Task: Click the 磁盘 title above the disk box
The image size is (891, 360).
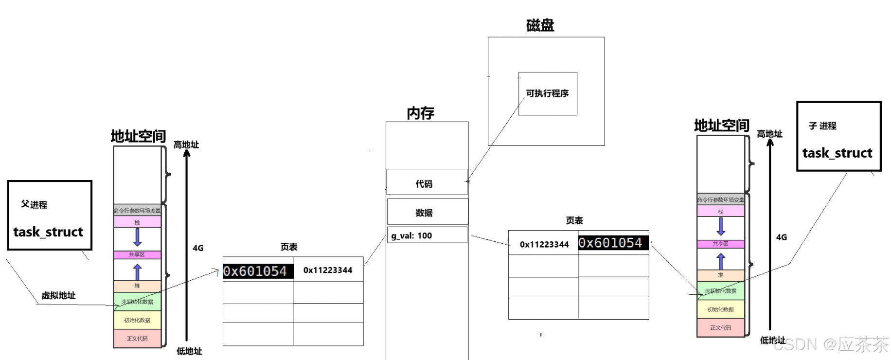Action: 540,25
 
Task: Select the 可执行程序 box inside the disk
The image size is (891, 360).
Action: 548,93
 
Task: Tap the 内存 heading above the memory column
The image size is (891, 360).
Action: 421,113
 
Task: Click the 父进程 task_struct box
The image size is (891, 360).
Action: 50,216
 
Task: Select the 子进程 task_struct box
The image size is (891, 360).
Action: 838,136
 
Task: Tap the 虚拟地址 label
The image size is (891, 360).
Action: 58,295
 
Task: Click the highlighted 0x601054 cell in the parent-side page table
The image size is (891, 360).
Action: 257,271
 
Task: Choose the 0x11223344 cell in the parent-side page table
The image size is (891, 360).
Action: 328,270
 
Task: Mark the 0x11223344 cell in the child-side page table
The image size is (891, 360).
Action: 544,244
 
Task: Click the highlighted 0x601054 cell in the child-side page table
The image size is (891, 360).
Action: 613,243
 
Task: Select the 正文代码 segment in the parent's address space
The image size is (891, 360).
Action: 137,339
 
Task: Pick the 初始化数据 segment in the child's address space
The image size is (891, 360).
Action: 720,309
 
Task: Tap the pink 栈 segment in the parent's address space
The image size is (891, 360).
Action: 137,222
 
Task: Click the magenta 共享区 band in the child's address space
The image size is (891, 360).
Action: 720,244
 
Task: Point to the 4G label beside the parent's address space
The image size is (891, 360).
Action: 198,248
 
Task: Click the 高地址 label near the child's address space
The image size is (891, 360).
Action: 769,134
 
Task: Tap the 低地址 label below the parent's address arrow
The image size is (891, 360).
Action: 189,351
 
